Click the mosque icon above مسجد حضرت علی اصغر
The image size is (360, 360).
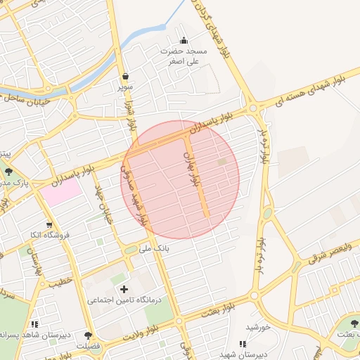click(184, 40)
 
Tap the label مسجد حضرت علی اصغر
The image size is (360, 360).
click(184, 56)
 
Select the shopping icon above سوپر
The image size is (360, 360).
click(125, 76)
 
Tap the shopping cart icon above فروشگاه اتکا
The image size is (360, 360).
click(49, 225)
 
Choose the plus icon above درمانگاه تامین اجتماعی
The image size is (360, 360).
click(124, 289)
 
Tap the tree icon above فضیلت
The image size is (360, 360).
click(88, 335)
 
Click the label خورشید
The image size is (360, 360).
click(259, 328)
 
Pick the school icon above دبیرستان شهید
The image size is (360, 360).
click(243, 344)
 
